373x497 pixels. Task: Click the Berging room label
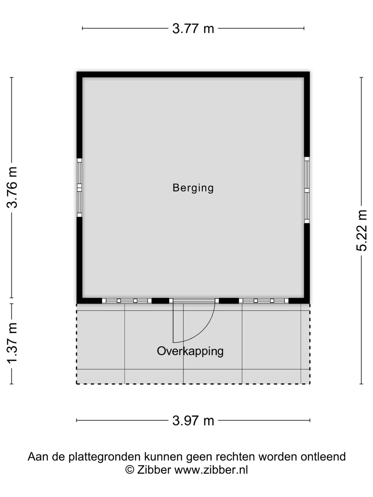click(193, 188)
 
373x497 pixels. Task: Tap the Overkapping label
click(190, 351)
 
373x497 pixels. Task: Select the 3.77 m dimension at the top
click(193, 29)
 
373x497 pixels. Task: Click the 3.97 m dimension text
click(193, 421)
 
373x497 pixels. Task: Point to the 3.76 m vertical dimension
click(12, 187)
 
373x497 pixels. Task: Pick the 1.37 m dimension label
click(12, 343)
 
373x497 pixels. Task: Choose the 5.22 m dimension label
click(362, 230)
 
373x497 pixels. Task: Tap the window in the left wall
click(79, 187)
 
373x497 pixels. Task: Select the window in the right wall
click(307, 190)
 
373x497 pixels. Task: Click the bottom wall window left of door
click(127, 301)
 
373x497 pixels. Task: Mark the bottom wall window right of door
click(264, 301)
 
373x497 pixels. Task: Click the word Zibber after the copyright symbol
click(154, 470)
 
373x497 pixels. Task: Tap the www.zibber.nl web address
click(211, 470)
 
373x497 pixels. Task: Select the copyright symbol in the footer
click(130, 470)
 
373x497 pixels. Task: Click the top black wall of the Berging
click(193, 74)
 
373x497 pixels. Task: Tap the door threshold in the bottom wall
click(194, 301)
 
